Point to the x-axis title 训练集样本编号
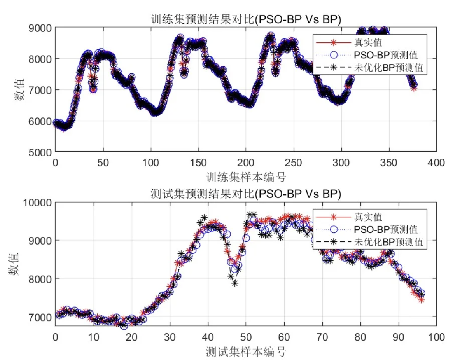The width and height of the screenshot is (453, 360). point(246,178)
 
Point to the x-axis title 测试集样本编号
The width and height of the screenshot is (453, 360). point(246,352)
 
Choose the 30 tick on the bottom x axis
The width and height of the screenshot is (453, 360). point(170,337)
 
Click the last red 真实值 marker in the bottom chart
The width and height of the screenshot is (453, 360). point(421,300)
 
